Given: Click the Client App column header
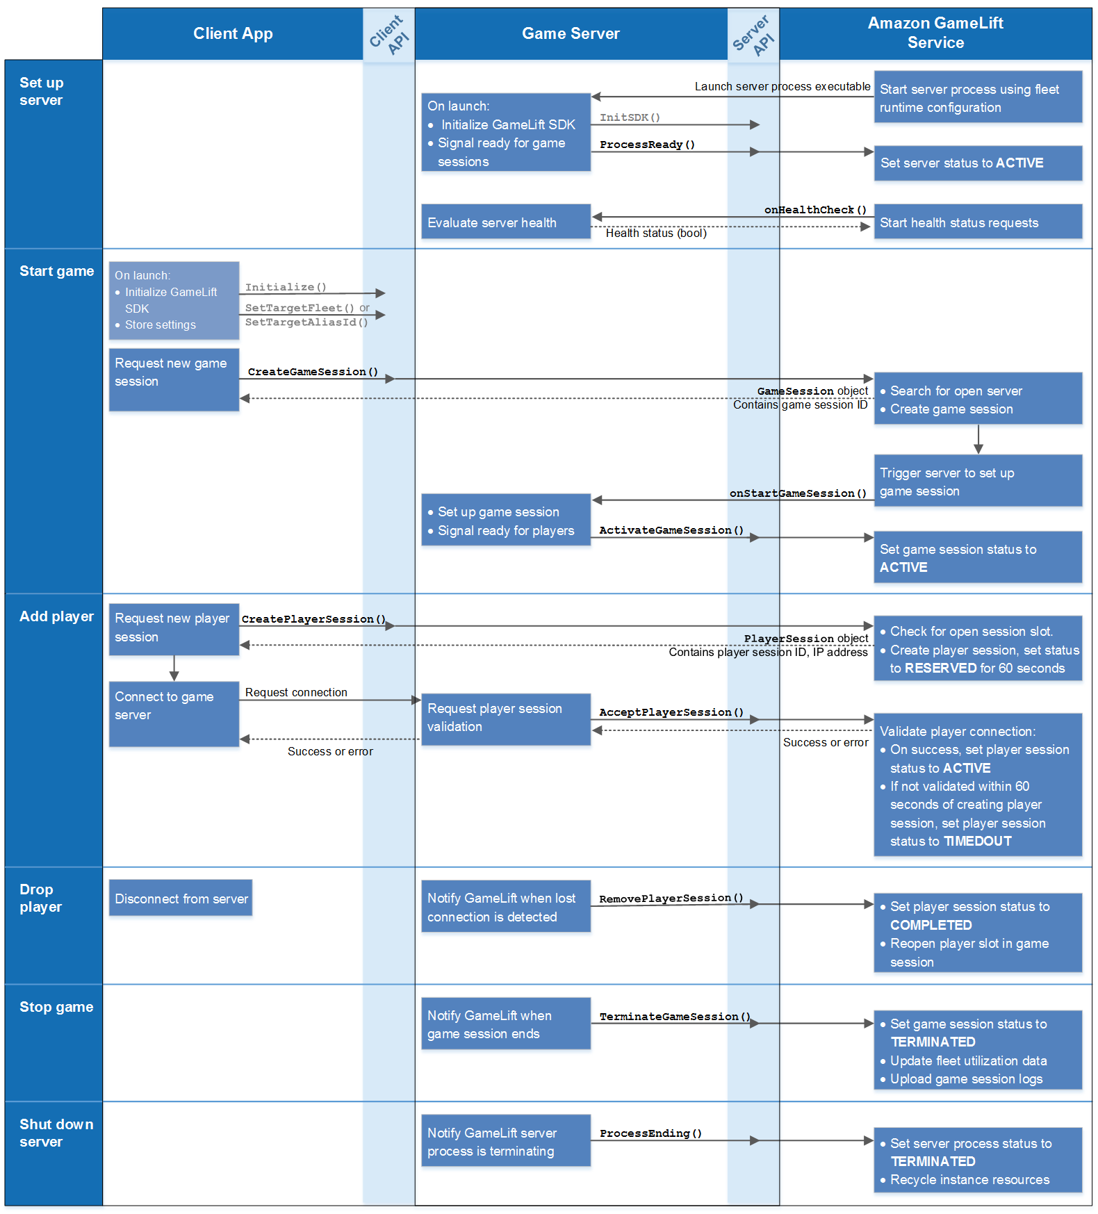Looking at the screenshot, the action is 233,33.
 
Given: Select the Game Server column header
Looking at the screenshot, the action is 571,33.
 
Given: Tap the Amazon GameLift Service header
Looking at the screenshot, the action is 935,33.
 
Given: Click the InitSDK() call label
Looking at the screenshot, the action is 630,117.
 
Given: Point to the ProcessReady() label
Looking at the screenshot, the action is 647,145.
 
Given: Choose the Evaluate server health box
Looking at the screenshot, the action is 506,222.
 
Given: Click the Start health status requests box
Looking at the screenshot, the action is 978,222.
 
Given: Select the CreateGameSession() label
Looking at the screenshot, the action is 313,372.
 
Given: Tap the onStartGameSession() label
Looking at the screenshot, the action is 798,493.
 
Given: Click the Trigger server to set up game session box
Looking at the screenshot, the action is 978,481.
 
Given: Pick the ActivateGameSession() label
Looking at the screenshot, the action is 671,530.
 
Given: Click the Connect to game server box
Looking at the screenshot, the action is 174,714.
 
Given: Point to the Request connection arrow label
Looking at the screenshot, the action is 296,692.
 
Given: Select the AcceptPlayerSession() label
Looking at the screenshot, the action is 671,712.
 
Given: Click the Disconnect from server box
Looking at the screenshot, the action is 181,898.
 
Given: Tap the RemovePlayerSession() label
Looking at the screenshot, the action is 671,899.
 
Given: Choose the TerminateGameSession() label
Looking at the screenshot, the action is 675,1017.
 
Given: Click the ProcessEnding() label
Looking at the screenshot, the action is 650,1133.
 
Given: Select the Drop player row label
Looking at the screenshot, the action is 40,898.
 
